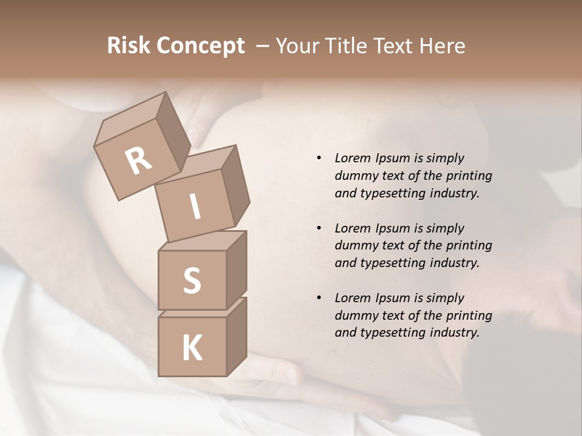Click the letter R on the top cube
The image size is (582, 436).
coord(139,161)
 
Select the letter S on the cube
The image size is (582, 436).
coord(192,280)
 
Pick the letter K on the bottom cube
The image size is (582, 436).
coord(192,348)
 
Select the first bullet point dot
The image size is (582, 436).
coord(319,158)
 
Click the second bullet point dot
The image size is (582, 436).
coord(319,228)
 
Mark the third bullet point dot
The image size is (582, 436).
coord(319,298)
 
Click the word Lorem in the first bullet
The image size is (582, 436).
coord(352,158)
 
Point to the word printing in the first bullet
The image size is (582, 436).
coord(469,176)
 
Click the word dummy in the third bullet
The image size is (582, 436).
coord(355,315)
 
